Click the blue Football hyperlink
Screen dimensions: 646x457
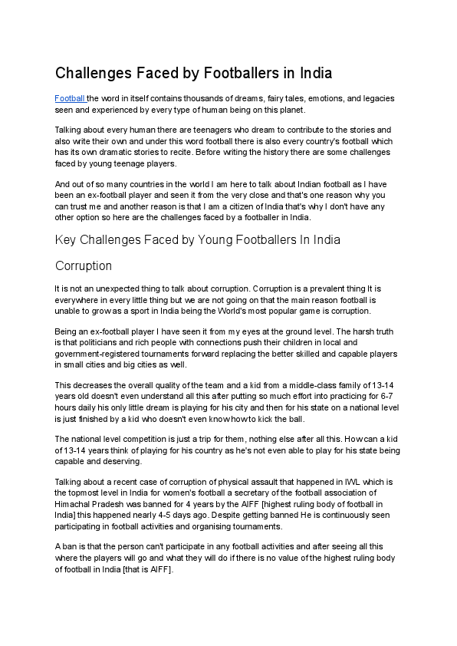click(x=70, y=99)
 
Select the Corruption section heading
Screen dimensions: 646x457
click(x=84, y=266)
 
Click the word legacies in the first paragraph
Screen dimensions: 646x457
click(x=376, y=99)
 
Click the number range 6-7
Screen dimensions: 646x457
click(x=383, y=395)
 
